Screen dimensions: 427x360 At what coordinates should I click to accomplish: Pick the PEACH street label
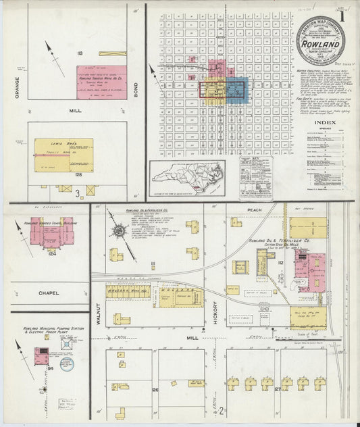coord(254,211)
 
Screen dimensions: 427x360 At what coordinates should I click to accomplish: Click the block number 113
coord(80,53)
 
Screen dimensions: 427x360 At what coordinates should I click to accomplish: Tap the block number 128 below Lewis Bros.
coord(78,175)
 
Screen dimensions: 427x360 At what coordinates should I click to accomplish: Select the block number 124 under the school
coord(51,254)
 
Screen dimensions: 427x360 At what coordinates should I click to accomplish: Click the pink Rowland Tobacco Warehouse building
coord(101,82)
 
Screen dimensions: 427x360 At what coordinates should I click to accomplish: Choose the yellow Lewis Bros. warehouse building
coord(63,155)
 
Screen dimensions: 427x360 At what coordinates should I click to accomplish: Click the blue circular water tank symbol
coord(66,364)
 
